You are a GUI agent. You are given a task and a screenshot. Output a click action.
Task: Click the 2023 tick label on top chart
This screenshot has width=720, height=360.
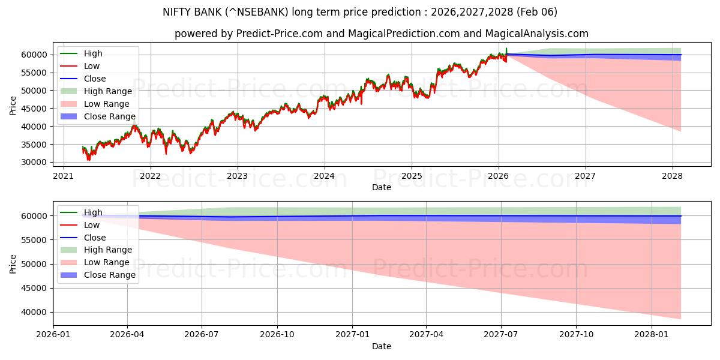pos(237,176)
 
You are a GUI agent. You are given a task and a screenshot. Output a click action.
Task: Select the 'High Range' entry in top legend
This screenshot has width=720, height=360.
pos(108,91)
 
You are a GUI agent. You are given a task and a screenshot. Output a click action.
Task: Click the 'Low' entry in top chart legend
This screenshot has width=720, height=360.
pos(92,66)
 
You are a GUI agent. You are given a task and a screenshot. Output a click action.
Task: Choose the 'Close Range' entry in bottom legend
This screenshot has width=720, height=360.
pos(110,275)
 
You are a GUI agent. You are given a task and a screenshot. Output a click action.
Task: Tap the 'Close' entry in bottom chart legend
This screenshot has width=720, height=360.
pos(95,238)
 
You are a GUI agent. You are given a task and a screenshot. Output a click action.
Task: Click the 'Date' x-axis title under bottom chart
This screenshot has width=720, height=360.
pos(381,346)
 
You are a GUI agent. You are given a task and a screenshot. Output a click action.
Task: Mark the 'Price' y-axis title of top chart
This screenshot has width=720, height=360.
pos(13,106)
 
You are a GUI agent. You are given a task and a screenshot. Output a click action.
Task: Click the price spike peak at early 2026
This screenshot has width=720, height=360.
pos(506,48)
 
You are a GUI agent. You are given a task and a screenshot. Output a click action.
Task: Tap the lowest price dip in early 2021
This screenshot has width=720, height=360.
pos(88,160)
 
